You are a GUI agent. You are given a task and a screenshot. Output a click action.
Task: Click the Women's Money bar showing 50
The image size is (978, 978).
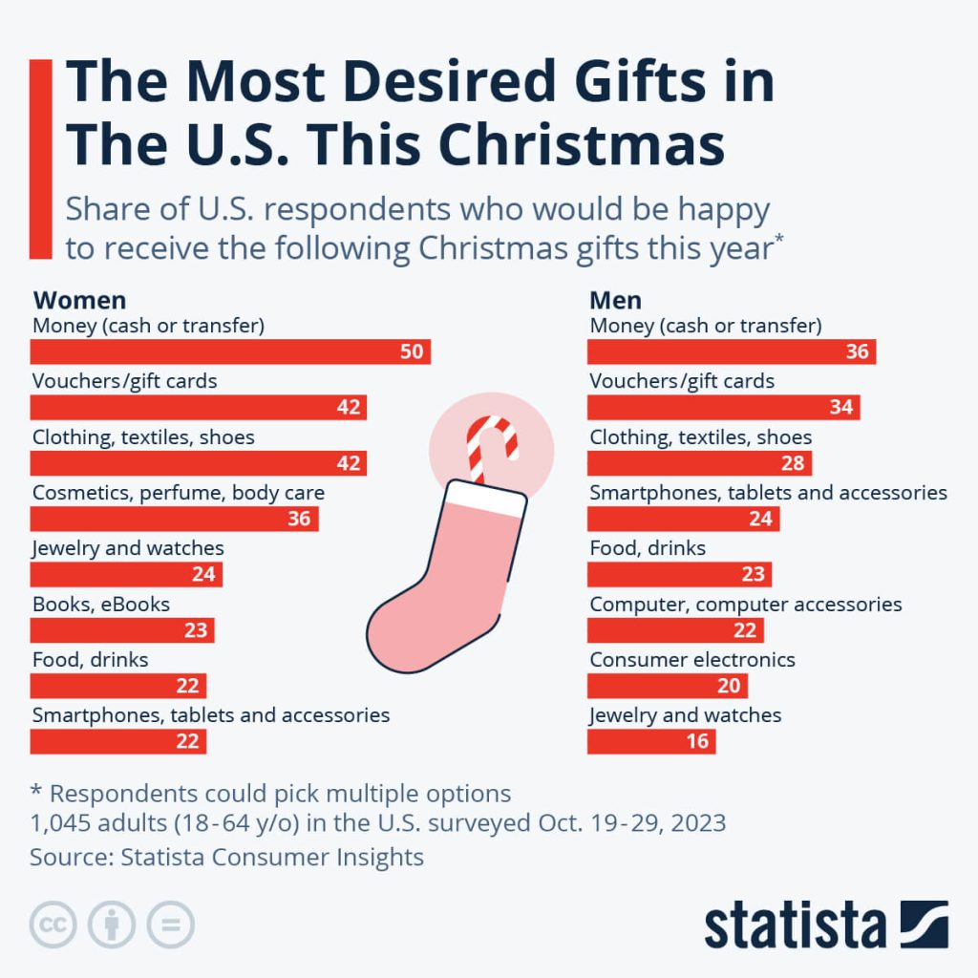(229, 351)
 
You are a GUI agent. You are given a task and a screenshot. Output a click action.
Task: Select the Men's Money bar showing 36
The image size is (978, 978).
(731, 351)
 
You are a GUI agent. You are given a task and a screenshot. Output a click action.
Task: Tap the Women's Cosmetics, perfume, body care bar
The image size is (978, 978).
(174, 519)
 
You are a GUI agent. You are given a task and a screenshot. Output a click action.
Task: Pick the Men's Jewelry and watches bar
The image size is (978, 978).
(650, 741)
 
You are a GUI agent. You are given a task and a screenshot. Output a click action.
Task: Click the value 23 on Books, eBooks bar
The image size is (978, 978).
(196, 630)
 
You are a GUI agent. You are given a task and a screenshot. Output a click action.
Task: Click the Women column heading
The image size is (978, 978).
(79, 301)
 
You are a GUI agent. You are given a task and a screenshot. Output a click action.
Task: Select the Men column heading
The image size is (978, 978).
(616, 301)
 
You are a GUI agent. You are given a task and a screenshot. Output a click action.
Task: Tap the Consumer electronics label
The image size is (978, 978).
(692, 660)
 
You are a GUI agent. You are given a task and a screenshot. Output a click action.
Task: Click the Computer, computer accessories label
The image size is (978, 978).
(746, 605)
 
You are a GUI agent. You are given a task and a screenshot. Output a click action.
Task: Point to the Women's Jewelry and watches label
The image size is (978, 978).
(128, 548)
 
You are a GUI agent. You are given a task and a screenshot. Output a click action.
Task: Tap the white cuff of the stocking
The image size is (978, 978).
(485, 500)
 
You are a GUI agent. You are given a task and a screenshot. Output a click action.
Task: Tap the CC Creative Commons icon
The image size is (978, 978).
(53, 925)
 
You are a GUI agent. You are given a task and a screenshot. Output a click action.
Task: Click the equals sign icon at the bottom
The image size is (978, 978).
(170, 925)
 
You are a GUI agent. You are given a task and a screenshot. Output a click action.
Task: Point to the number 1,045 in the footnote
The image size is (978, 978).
(63, 823)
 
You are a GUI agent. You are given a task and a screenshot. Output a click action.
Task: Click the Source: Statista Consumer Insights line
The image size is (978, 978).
(226, 857)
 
